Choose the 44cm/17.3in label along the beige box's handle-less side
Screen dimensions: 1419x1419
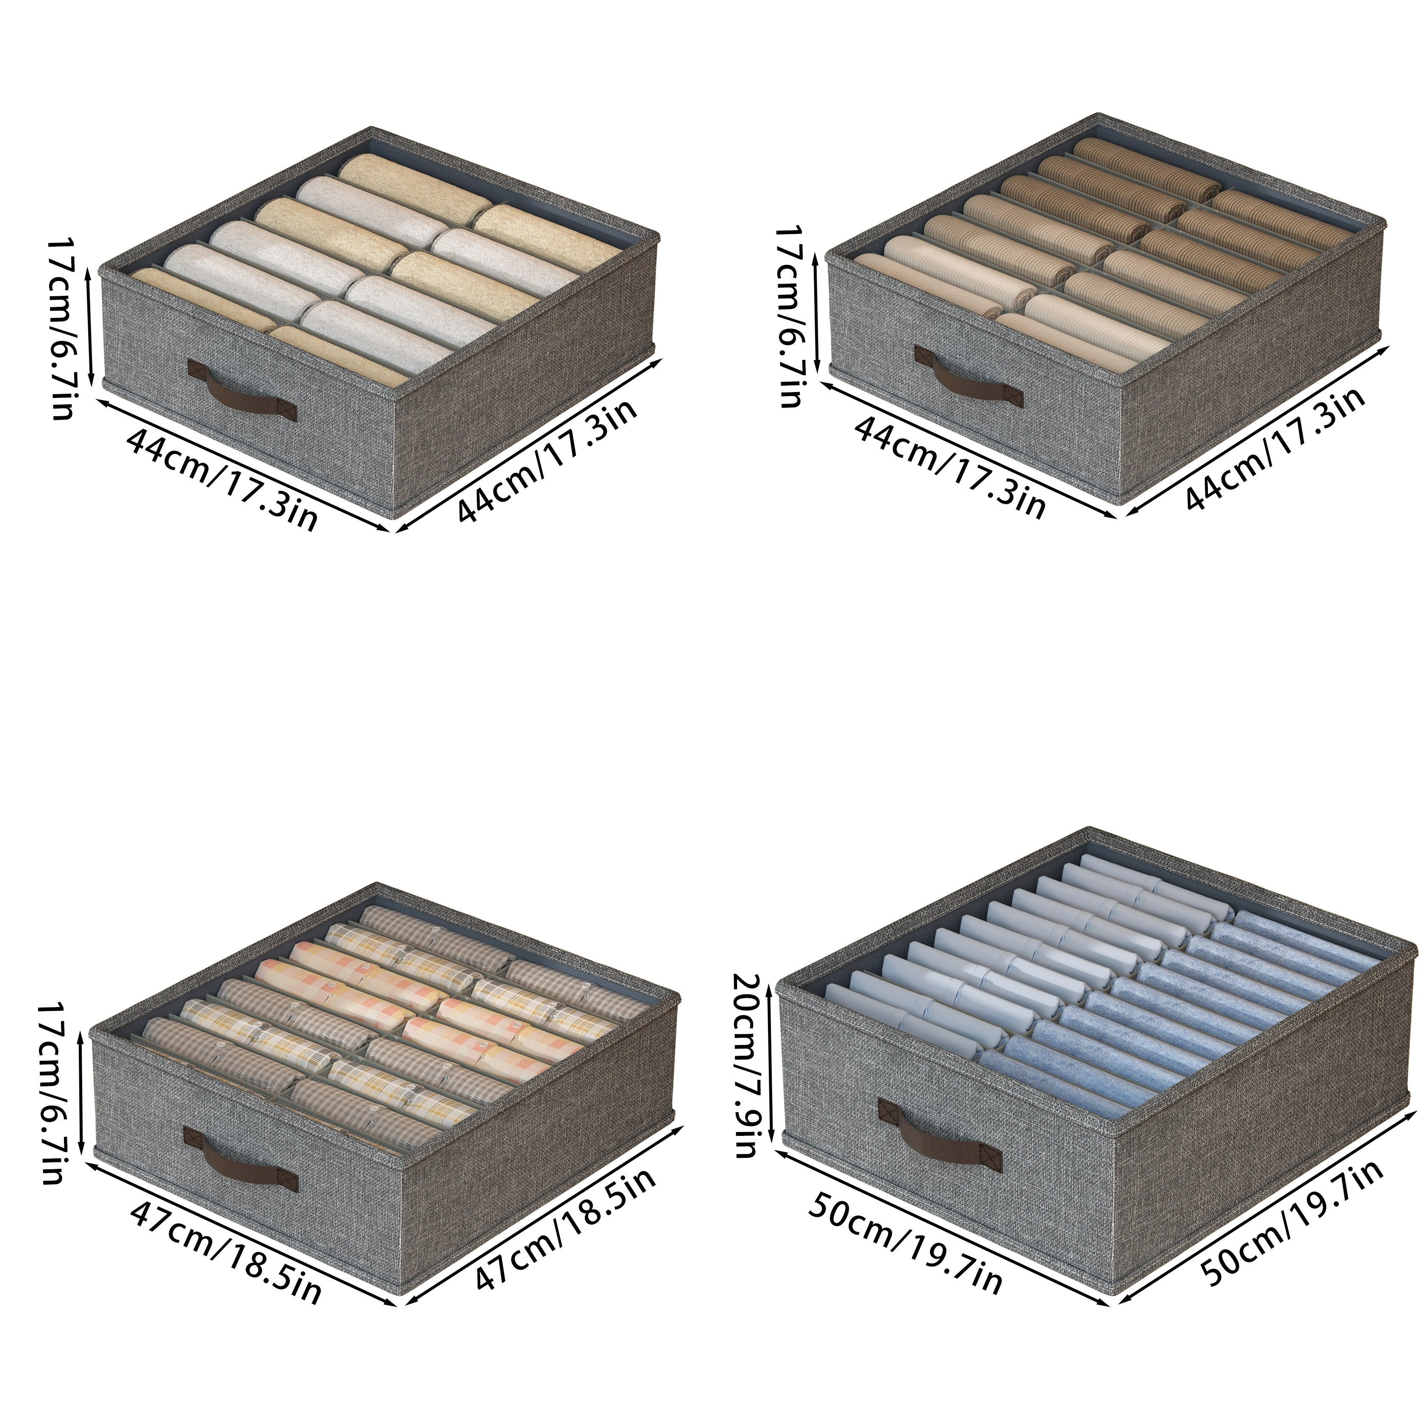coord(546,461)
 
